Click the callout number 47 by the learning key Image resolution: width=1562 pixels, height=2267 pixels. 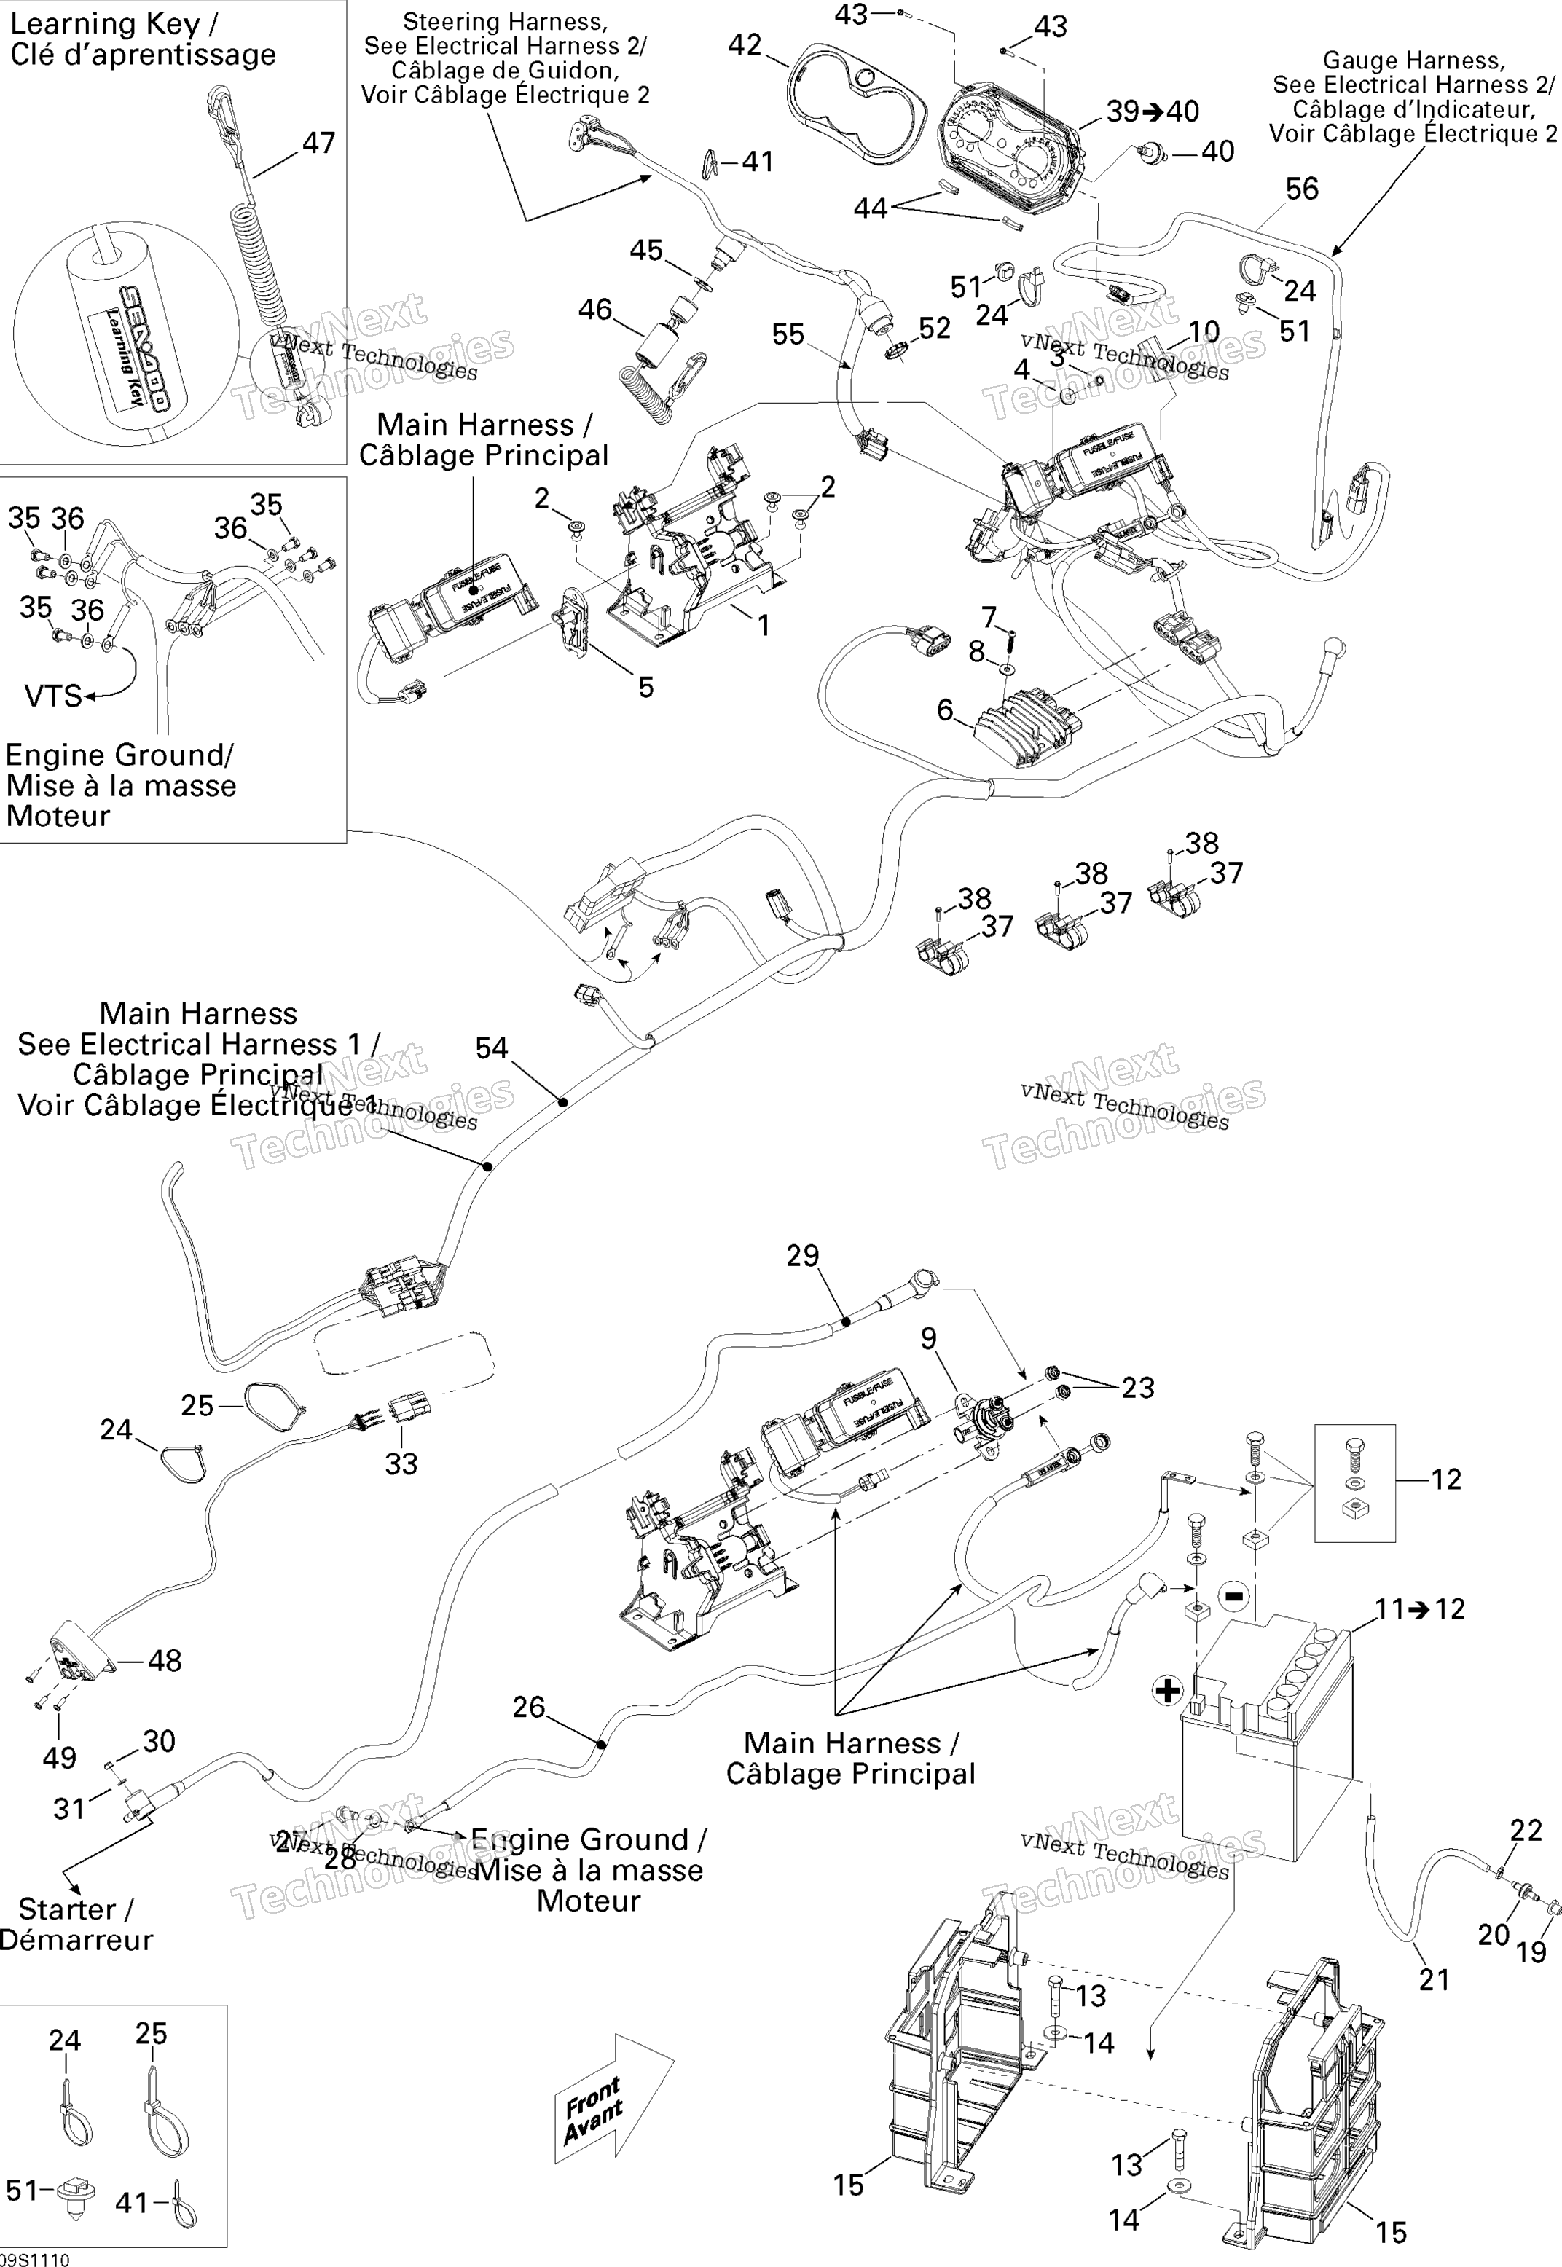[x=318, y=144]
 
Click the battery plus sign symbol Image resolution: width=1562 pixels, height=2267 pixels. [x=1168, y=1691]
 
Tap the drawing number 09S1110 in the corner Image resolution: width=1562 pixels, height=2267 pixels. [x=35, y=2259]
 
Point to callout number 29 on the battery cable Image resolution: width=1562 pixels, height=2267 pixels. [x=803, y=1255]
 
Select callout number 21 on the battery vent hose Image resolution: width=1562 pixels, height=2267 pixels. [x=1434, y=1980]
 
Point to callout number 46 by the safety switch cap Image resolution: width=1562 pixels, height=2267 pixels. [x=595, y=310]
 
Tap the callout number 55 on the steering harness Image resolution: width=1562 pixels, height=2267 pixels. [x=788, y=334]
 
